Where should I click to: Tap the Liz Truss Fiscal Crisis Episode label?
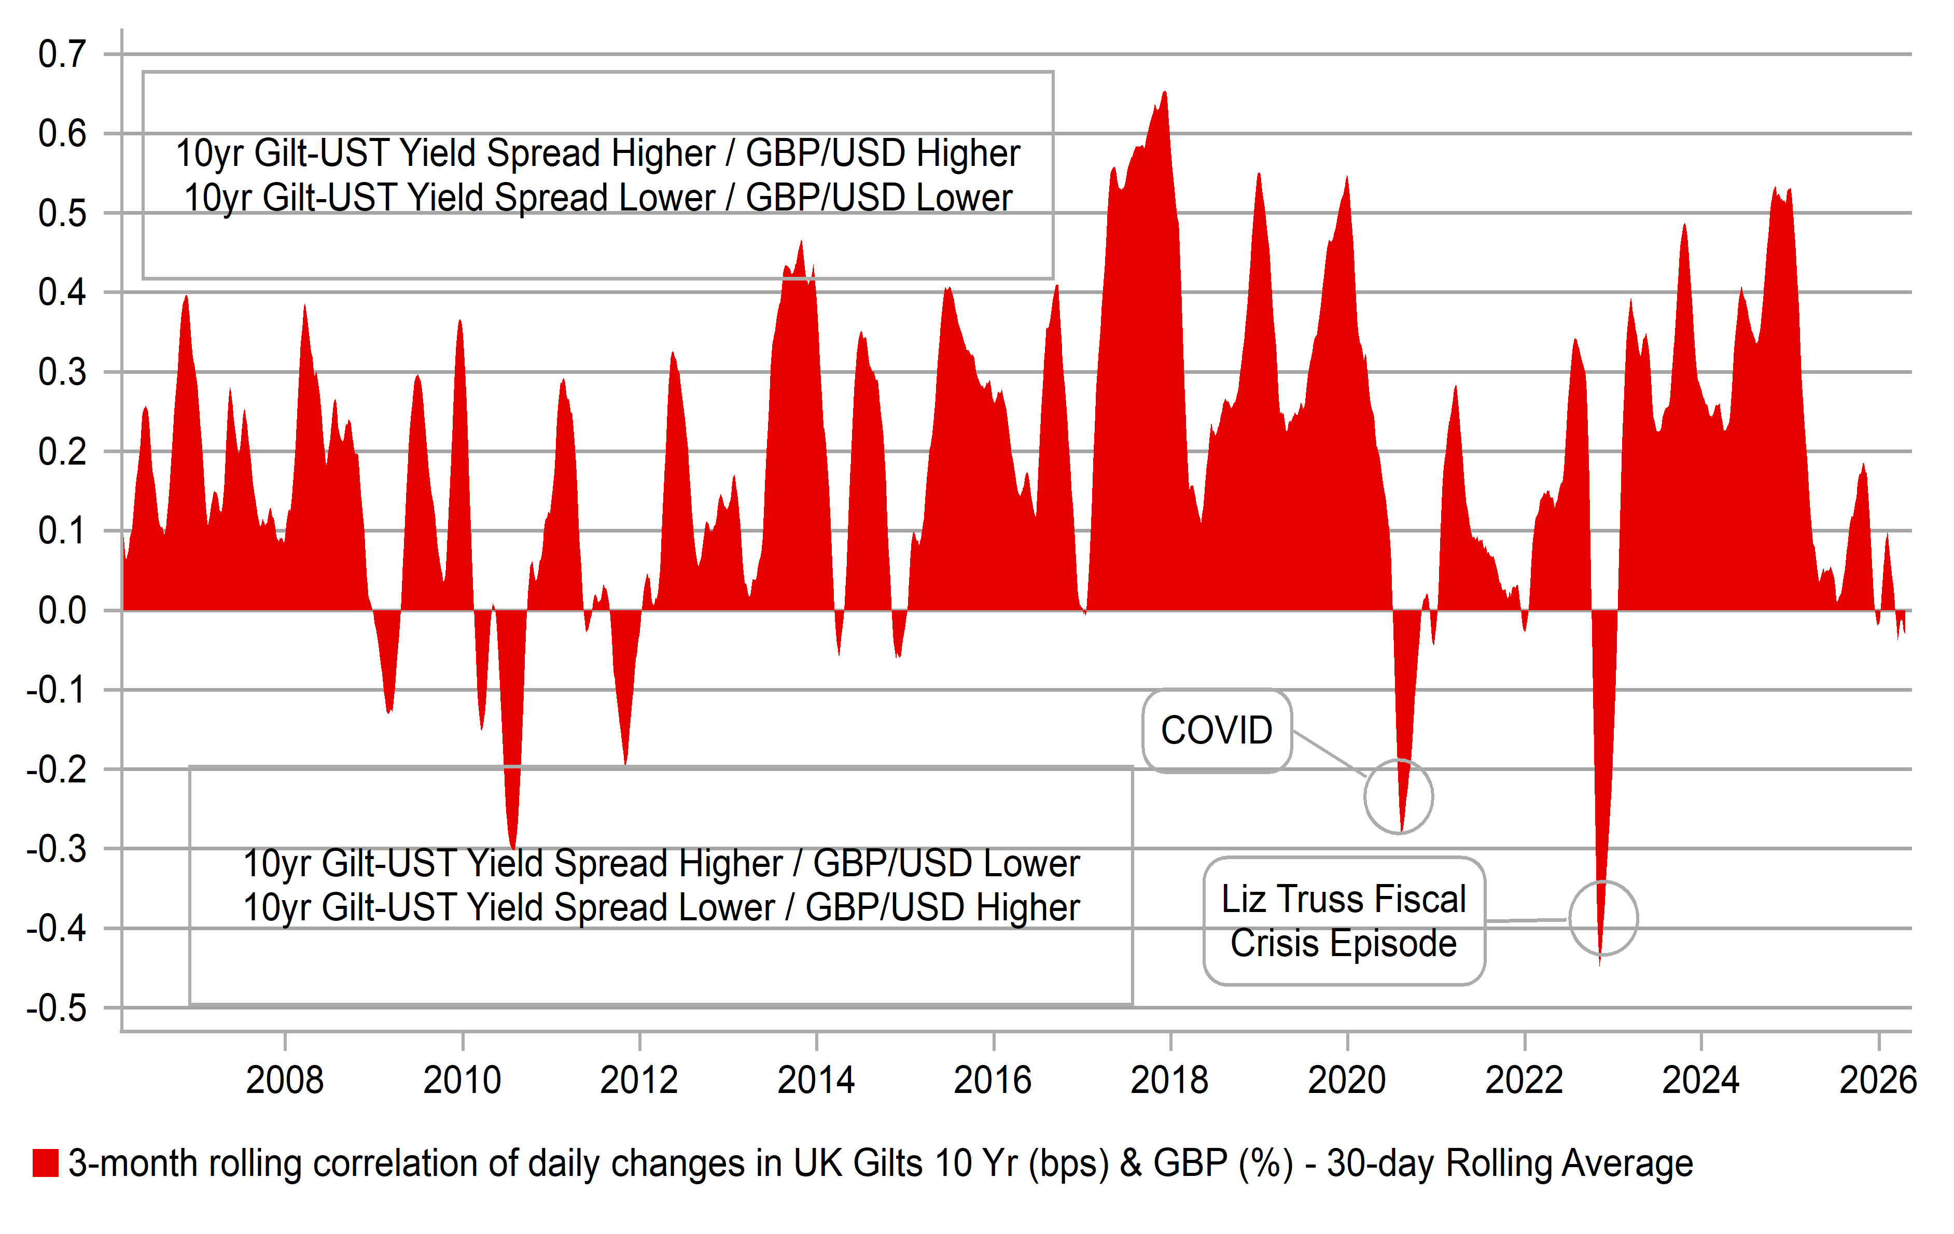[1344, 921]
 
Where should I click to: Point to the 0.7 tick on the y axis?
[62, 54]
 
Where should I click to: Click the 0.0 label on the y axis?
[62, 611]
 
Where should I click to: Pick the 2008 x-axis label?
[285, 1080]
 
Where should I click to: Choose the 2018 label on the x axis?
[1169, 1080]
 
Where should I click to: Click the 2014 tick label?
[816, 1080]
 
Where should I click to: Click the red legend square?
[46, 1162]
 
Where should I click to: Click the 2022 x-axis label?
[1524, 1080]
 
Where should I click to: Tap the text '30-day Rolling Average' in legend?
[1509, 1162]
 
